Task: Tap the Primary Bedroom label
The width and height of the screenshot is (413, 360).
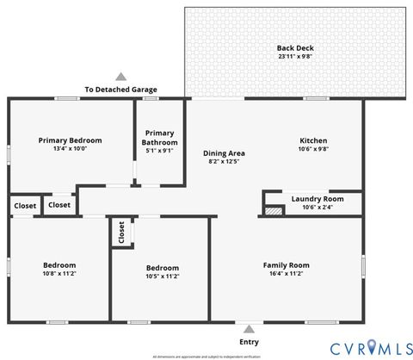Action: (71, 140)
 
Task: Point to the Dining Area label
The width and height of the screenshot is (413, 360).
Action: (225, 152)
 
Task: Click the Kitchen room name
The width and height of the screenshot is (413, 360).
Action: (313, 140)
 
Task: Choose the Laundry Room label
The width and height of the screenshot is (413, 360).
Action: (317, 199)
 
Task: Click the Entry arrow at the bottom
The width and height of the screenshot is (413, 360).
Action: (249, 328)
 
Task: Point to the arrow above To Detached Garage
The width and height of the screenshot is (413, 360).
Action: (120, 78)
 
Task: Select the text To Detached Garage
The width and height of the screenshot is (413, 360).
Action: (120, 90)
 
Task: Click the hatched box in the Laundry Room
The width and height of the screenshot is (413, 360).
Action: (274, 209)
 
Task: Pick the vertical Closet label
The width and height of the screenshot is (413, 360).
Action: (121, 233)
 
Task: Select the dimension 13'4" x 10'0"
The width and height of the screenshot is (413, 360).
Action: (71, 149)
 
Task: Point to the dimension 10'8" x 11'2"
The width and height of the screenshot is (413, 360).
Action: (60, 274)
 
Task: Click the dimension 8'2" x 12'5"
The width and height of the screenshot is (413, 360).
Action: (225, 161)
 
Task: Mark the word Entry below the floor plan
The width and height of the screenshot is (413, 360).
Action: (249, 341)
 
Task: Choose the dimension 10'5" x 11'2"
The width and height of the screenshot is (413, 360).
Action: (162, 276)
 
